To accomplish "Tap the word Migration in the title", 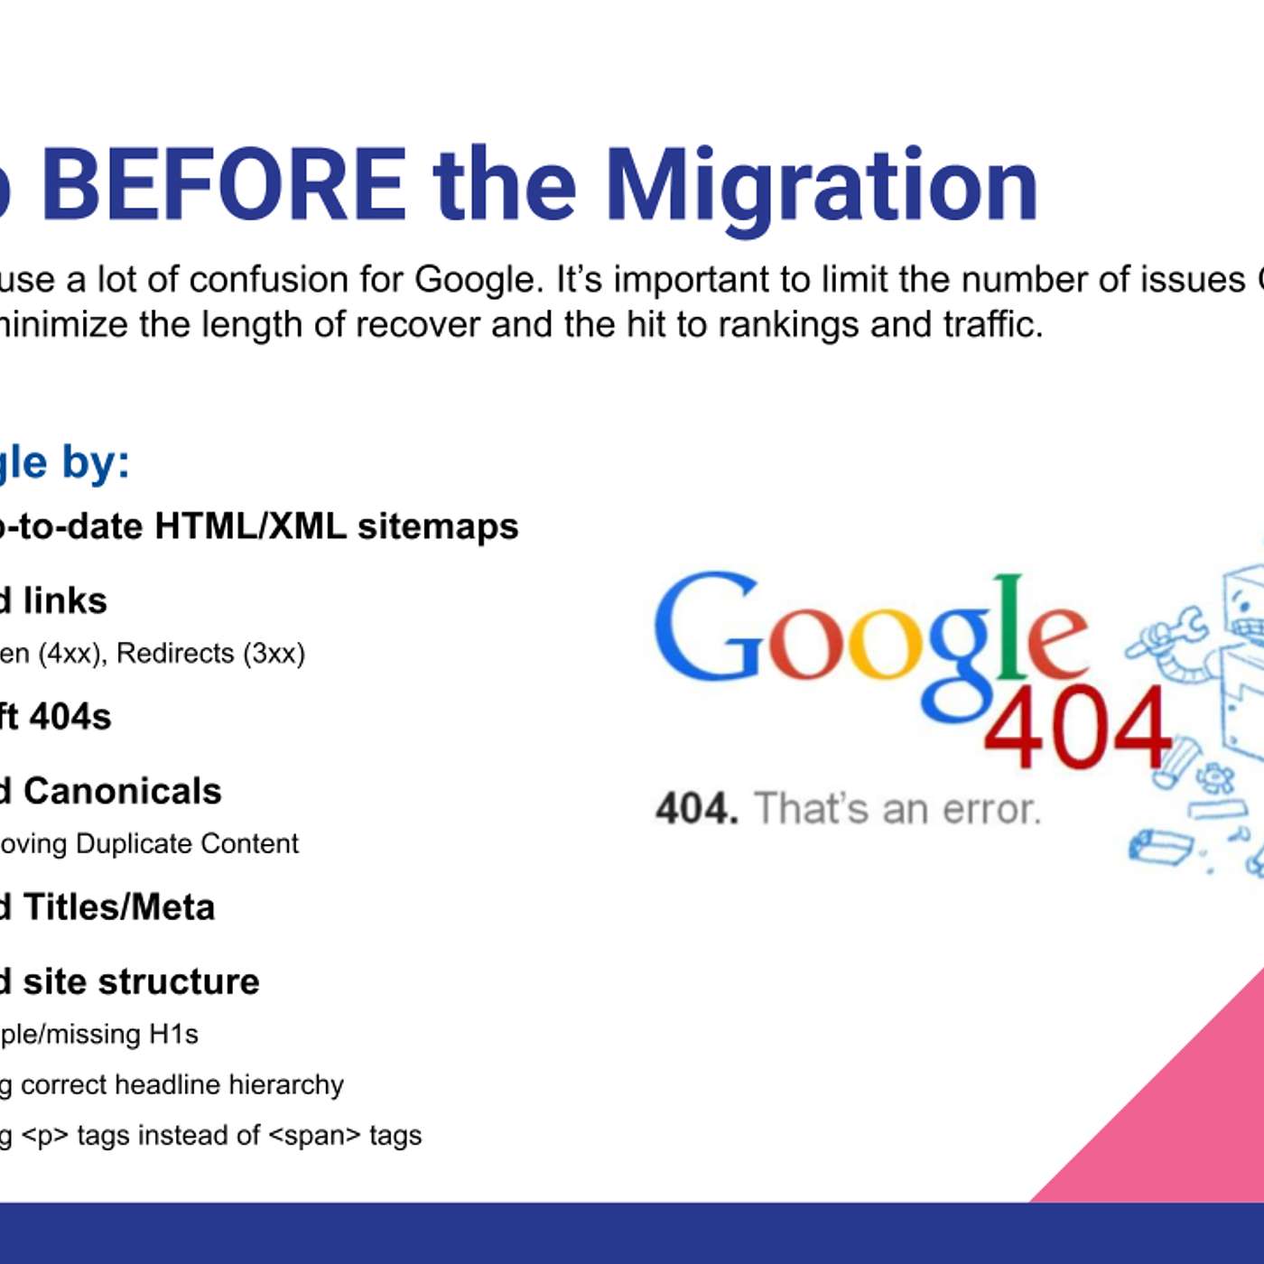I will tap(822, 185).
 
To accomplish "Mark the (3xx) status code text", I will tap(274, 653).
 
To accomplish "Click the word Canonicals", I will tap(122, 791).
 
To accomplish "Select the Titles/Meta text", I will tap(119, 907).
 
